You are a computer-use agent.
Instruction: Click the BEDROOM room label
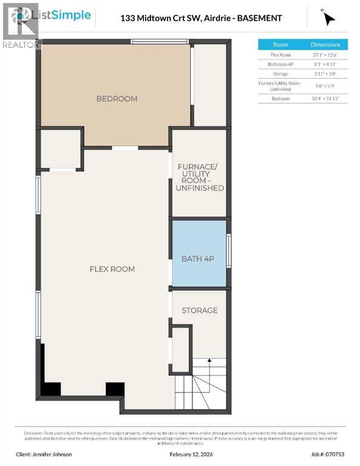117,98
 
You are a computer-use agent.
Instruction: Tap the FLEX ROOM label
112,269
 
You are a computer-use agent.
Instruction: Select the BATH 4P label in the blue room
198,258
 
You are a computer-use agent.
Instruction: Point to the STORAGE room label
200,310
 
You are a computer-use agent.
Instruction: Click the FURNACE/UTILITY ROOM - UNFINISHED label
200,177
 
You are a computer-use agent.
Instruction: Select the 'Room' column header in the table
280,44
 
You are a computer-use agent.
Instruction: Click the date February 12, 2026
180,453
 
